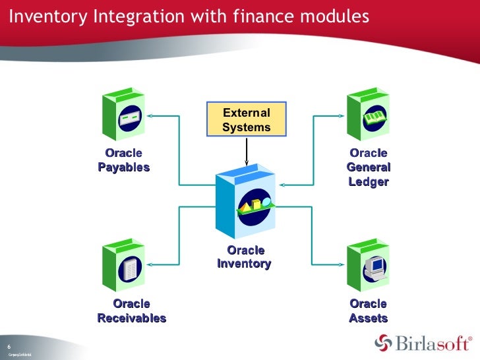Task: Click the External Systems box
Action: [x=247, y=120]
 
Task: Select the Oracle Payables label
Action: [x=124, y=160]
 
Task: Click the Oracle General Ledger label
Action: [x=369, y=167]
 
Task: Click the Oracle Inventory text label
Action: [x=245, y=257]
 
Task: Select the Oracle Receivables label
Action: [x=132, y=311]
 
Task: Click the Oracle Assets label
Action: [x=369, y=311]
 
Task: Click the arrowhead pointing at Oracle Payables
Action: [x=150, y=115]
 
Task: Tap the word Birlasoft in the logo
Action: [x=431, y=343]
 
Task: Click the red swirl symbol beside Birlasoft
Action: [x=384, y=343]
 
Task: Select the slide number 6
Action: [x=9, y=347]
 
